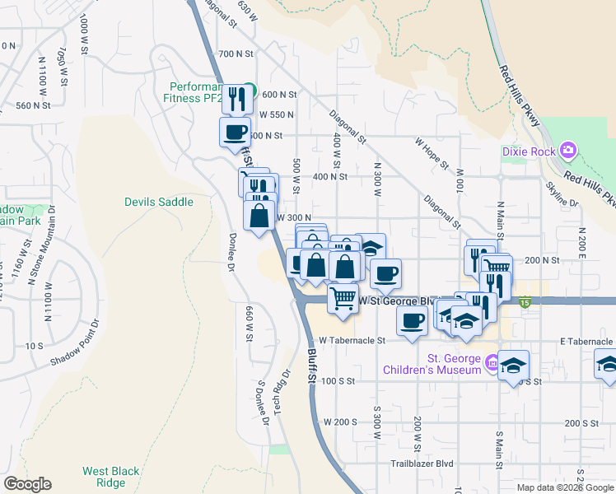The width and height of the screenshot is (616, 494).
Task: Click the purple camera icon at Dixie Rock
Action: (x=567, y=151)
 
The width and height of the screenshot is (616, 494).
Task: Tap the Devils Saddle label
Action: (x=159, y=202)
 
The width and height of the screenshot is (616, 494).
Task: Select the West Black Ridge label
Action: (x=110, y=478)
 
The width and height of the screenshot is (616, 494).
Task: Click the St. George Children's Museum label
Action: (x=432, y=364)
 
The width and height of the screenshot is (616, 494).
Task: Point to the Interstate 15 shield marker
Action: (x=525, y=303)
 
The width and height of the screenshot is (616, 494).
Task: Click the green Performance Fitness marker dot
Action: (x=254, y=91)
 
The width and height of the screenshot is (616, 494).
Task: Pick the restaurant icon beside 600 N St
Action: (x=236, y=98)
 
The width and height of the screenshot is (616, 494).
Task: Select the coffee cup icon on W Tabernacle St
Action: (x=411, y=320)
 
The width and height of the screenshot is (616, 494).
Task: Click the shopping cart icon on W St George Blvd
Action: (x=343, y=296)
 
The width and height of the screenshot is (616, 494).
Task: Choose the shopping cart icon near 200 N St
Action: (x=495, y=266)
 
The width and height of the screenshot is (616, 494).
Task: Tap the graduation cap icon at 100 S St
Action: (x=513, y=365)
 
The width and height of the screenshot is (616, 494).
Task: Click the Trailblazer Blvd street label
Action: (x=422, y=464)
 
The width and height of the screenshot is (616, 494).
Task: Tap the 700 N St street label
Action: (x=239, y=54)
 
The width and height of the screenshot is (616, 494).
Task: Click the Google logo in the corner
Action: (x=27, y=484)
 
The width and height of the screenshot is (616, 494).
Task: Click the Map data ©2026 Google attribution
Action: (x=564, y=487)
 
